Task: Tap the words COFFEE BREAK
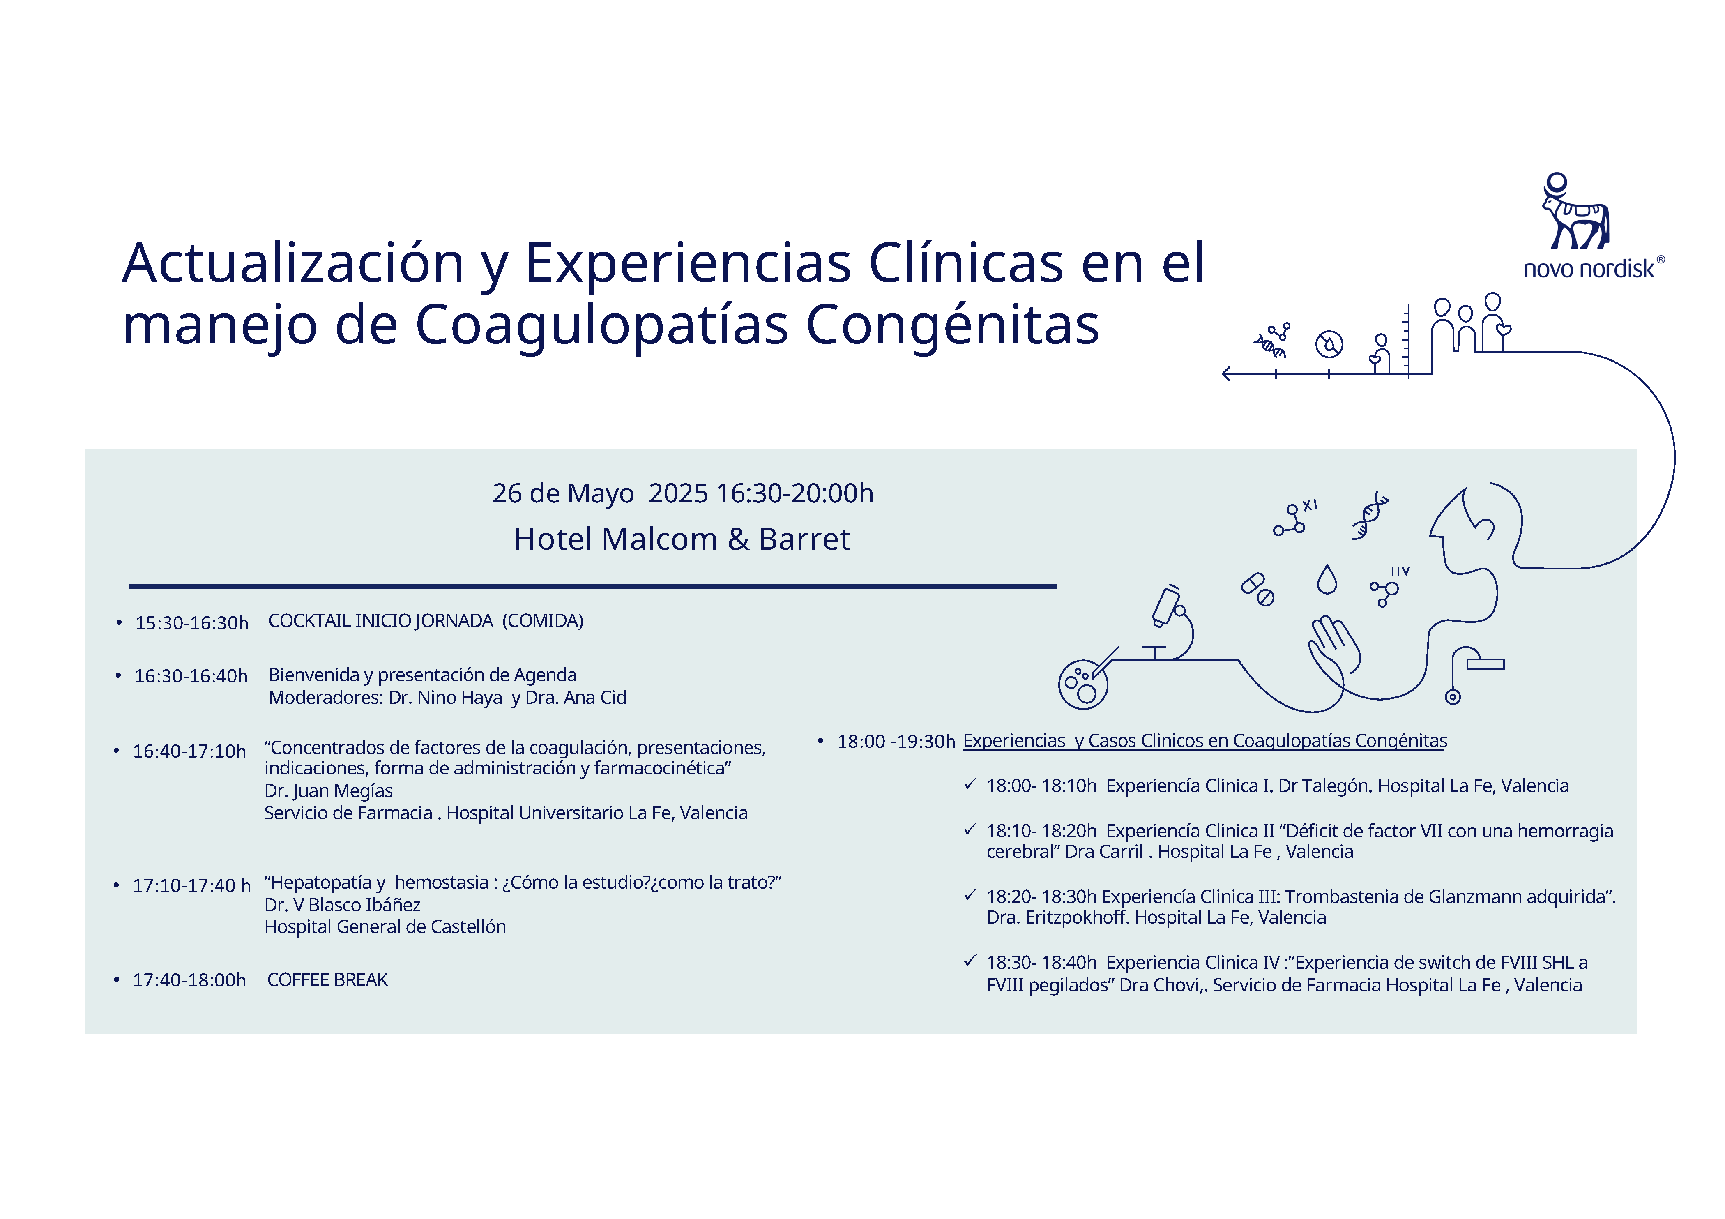327,980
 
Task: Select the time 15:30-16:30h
191,623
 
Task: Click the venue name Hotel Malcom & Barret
682,539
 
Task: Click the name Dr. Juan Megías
328,790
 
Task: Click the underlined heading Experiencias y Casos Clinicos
1205,741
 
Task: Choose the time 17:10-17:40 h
191,886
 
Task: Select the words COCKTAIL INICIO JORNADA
381,621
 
